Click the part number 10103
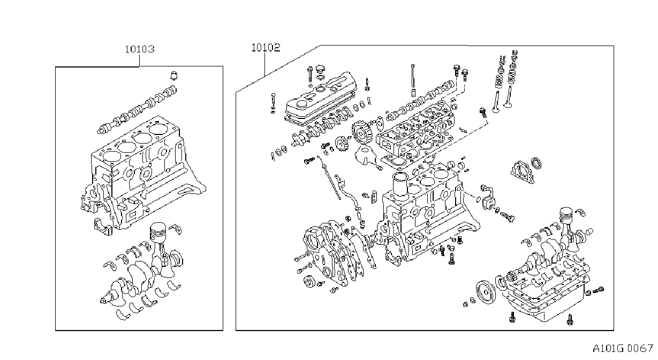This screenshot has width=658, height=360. click(x=140, y=49)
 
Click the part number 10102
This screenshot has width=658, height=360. click(x=266, y=47)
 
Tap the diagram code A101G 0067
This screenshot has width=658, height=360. click(x=623, y=349)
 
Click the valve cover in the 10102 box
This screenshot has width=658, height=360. click(x=321, y=97)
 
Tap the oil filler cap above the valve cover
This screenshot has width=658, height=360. click(x=321, y=70)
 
